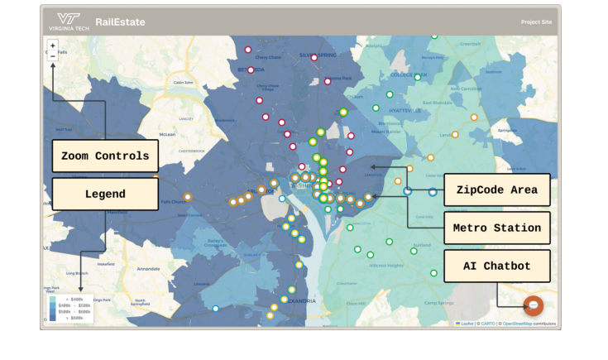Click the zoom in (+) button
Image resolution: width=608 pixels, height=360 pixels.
pyautogui.click(x=53, y=46)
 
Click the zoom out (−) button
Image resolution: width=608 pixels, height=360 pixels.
pyautogui.click(x=53, y=56)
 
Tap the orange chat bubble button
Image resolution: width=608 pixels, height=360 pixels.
pyautogui.click(x=534, y=305)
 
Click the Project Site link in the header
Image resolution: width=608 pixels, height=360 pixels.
pyautogui.click(x=536, y=22)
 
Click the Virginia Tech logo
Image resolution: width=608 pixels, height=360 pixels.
pyautogui.click(x=69, y=22)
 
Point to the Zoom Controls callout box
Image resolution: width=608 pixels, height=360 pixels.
pyautogui.click(x=105, y=156)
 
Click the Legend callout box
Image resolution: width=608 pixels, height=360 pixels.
pyautogui.click(x=105, y=194)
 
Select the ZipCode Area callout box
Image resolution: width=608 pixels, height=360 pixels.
pyautogui.click(x=497, y=190)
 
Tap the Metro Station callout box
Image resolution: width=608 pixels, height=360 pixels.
pyautogui.click(x=497, y=228)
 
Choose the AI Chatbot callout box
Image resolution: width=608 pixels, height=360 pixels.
pyautogui.click(x=497, y=266)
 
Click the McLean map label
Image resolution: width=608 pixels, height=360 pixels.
pyautogui.click(x=167, y=133)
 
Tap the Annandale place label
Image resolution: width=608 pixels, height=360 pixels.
pyautogui.click(x=149, y=269)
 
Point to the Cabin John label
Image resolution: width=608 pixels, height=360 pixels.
pyautogui.click(x=183, y=82)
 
